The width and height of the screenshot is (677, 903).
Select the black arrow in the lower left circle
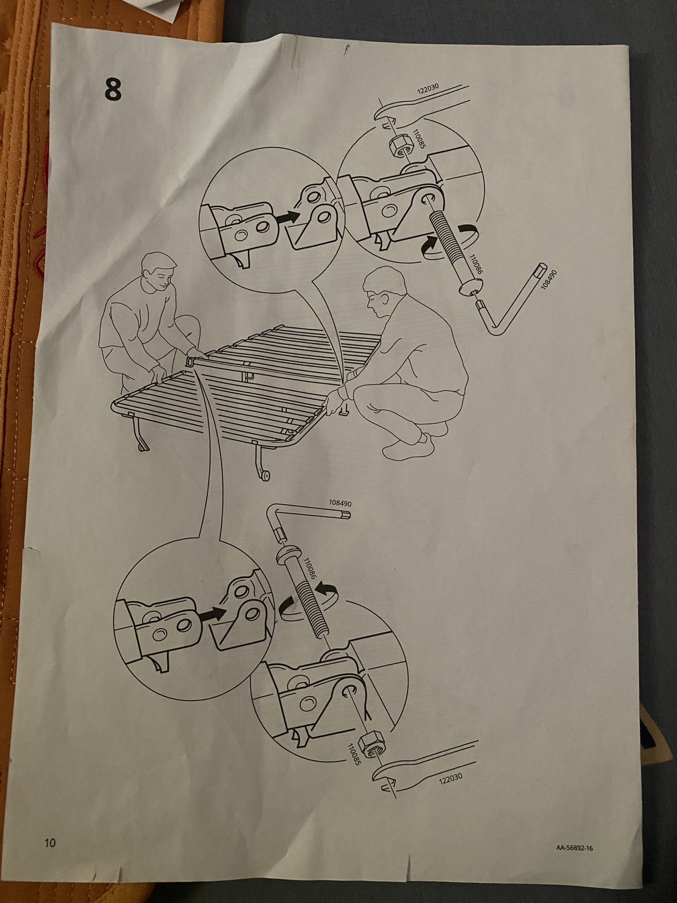pos(214,614)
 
